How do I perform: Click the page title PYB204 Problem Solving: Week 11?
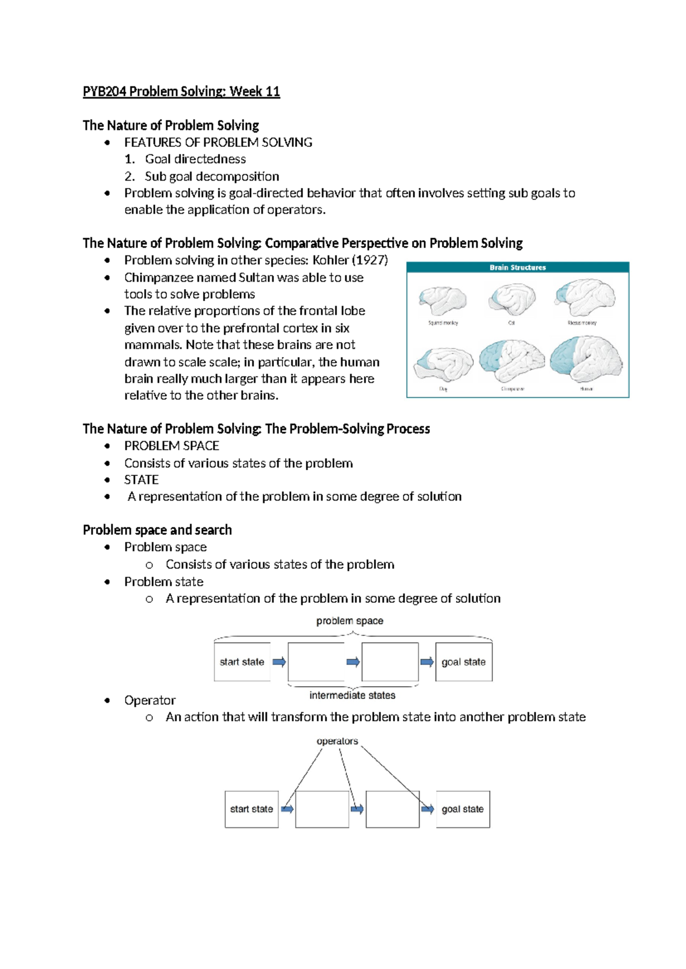(181, 91)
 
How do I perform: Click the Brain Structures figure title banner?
(517, 267)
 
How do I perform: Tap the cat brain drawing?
(512, 299)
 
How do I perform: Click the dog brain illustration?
(444, 364)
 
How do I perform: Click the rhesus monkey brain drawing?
(584, 297)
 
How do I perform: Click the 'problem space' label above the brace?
(350, 621)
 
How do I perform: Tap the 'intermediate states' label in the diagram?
(352, 695)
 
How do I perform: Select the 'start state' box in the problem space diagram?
(242, 662)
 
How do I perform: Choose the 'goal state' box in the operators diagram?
(462, 809)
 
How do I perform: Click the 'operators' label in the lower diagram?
(337, 741)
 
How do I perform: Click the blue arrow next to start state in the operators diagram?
(288, 809)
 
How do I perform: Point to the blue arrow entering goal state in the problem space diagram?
(426, 662)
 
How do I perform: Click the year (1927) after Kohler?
(370, 261)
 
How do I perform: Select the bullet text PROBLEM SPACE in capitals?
(171, 446)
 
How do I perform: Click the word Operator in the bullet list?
(150, 700)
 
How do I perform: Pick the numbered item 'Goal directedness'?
(195, 159)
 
